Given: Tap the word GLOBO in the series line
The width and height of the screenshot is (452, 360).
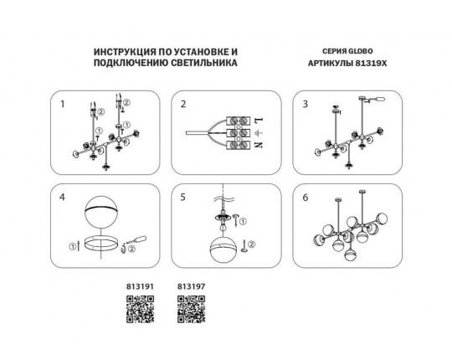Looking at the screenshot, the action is (360, 51).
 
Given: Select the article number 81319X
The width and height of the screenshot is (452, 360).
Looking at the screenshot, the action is (371, 63).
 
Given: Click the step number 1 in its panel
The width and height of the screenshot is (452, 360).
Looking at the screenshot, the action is (62, 104).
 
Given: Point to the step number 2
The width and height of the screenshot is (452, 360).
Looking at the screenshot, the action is (183, 104).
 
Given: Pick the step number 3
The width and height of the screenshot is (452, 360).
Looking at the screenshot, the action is (306, 104).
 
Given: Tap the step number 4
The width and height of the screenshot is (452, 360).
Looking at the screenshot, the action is (62, 198).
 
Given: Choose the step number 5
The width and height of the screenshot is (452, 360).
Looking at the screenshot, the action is (182, 198).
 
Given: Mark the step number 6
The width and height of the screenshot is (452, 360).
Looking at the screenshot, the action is (306, 198).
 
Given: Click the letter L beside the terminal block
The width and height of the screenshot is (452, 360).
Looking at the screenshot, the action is (259, 120).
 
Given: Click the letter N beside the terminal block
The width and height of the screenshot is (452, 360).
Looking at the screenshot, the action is (259, 145).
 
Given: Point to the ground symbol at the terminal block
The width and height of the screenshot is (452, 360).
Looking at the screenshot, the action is (259, 132).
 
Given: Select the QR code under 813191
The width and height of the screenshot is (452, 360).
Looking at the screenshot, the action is (140, 309).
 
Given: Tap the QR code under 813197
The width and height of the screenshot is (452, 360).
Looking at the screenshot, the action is (192, 309).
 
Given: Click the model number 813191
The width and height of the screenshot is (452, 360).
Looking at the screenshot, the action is (140, 287).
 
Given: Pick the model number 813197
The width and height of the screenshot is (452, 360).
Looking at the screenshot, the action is (192, 287).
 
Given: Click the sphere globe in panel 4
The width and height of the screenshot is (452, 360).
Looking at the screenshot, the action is (101, 213).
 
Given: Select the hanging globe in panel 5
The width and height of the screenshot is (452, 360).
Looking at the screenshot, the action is (223, 249).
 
